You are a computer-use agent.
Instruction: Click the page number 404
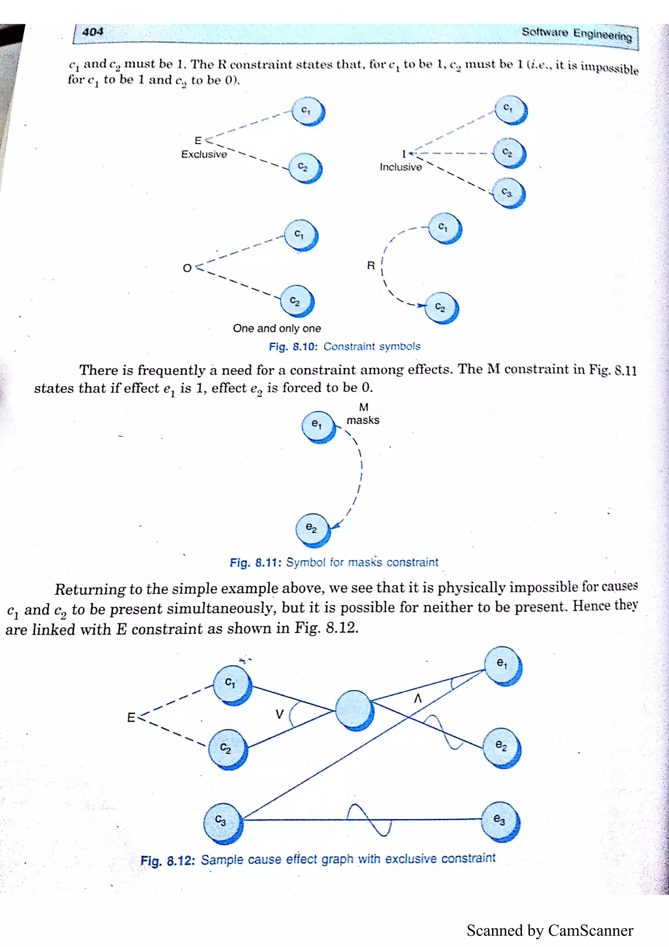pyautogui.click(x=92, y=32)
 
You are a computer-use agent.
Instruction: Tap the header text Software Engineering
pyautogui.click(x=576, y=34)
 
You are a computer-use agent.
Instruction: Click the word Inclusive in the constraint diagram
pyautogui.click(x=401, y=167)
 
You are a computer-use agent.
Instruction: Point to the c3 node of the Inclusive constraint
pyautogui.click(x=508, y=192)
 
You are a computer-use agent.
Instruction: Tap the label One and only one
pyautogui.click(x=277, y=328)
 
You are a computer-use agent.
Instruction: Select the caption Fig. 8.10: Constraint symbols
pyautogui.click(x=344, y=346)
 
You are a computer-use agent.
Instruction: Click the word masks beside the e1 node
pyautogui.click(x=363, y=420)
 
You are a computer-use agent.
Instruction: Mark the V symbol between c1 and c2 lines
pyautogui.click(x=280, y=714)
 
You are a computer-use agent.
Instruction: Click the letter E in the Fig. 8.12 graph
pyautogui.click(x=131, y=718)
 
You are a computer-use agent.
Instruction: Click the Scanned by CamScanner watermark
pyautogui.click(x=549, y=931)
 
